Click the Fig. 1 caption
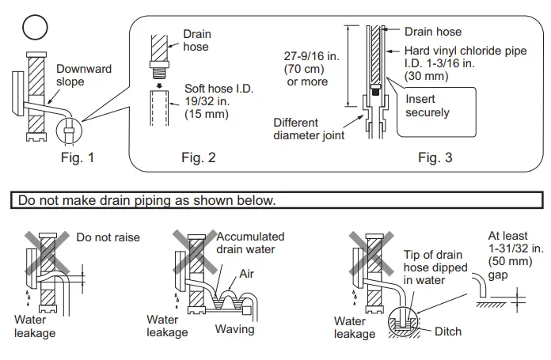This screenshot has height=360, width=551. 78,157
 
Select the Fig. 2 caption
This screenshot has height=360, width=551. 198,157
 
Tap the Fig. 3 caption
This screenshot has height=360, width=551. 435,157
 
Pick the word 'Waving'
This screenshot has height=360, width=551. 234,329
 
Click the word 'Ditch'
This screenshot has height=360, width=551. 447,332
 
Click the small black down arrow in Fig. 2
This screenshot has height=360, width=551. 158,86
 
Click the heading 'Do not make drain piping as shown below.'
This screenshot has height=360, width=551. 144,200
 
